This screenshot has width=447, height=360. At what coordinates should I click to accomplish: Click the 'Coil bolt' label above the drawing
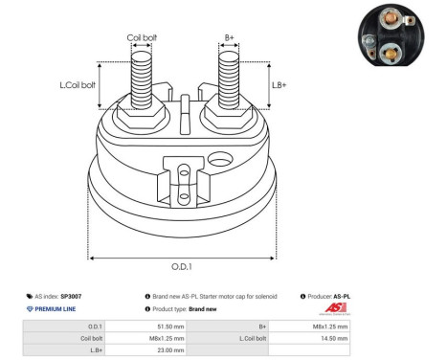coord(143,38)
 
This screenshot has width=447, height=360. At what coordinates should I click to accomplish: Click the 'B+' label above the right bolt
coord(229,38)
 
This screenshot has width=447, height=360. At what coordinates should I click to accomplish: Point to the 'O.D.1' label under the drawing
coord(182,267)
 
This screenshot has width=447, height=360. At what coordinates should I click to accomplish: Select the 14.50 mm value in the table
coord(334,338)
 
